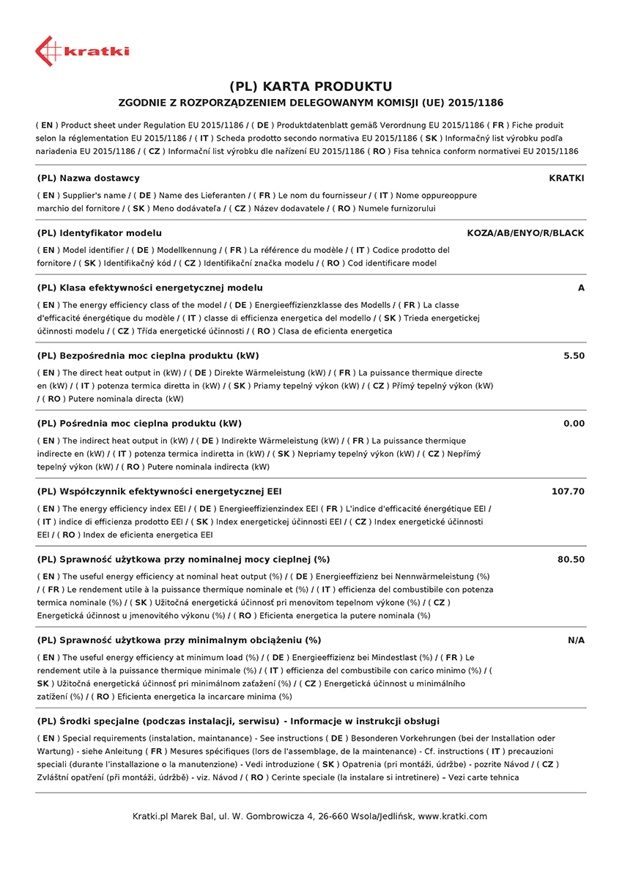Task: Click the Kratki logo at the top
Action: pos(81,51)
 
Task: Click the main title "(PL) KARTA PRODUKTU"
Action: pos(311,87)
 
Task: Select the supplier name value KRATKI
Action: pos(566,178)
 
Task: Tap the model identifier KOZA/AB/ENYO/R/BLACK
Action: pos(525,233)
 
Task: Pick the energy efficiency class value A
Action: pos(581,288)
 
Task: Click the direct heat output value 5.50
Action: pos(574,356)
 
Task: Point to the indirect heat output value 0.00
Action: pos(574,424)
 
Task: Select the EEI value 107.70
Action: pos(568,491)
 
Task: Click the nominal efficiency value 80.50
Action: pos(571,560)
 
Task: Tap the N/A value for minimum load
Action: pos(576,640)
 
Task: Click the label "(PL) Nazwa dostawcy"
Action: pos(88,178)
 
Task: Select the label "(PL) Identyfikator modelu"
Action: pos(99,233)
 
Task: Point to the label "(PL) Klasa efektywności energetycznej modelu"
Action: pos(149,288)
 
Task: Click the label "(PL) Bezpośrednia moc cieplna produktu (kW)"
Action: pos(147,356)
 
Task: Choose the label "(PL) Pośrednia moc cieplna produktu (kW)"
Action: pos(139,424)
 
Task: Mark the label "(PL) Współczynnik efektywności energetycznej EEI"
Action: pos(159,491)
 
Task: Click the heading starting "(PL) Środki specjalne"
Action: pos(238,721)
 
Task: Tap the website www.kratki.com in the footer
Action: pos(452,816)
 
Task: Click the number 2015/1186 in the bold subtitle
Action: pos(476,103)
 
